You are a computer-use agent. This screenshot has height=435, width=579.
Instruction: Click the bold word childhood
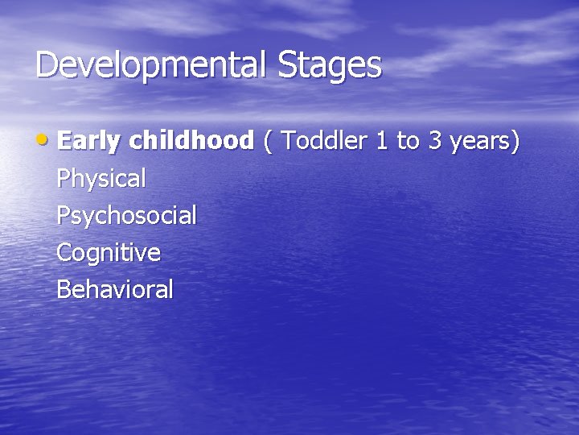point(191,141)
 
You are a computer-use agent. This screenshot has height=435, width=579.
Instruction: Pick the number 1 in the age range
point(382,141)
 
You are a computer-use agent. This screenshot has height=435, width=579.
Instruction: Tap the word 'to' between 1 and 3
point(409,142)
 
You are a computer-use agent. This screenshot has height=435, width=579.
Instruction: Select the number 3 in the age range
point(435,141)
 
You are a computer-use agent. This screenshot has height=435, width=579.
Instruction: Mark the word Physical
point(101,179)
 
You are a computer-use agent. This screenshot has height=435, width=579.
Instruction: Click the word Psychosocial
point(126,216)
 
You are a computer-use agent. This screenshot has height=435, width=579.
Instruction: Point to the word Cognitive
point(109,253)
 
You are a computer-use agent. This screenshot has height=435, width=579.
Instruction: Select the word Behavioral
point(115,289)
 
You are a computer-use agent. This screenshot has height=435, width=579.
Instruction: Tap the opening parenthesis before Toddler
point(268,142)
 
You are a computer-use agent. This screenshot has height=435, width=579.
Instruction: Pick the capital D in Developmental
point(47,65)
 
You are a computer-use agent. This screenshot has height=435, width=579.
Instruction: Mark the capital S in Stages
point(287,65)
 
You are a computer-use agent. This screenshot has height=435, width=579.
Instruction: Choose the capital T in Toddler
point(289,141)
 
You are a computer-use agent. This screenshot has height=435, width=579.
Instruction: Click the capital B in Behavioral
point(64,289)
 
